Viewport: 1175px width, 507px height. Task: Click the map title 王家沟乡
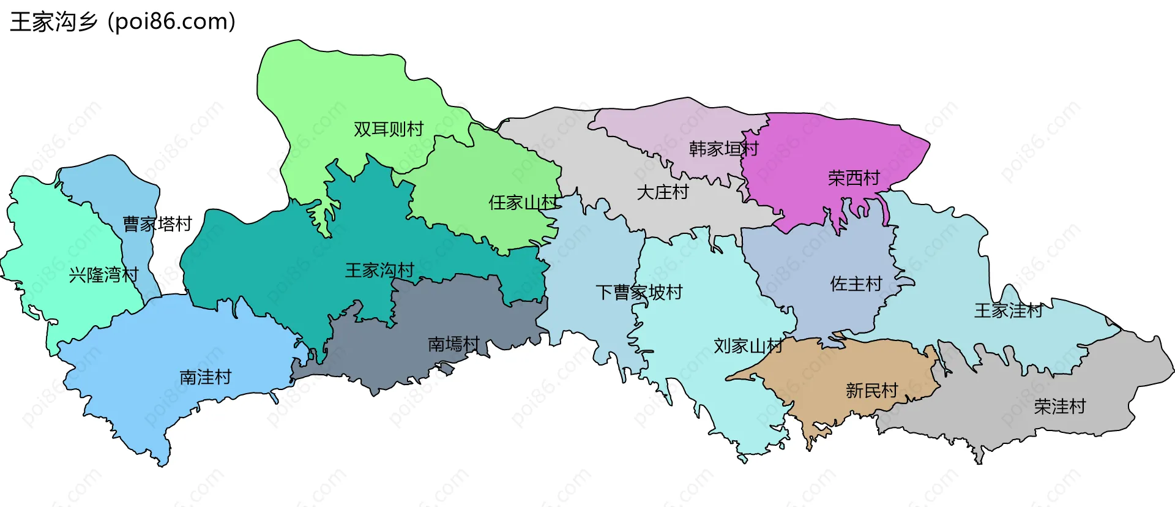(54, 22)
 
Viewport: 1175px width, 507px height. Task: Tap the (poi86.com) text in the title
(172, 22)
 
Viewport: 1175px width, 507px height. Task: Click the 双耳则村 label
(389, 129)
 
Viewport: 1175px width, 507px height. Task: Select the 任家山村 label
(523, 202)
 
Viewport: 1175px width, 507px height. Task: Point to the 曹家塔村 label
(157, 224)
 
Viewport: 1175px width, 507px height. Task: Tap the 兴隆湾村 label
(104, 275)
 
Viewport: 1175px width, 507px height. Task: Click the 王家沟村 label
(379, 270)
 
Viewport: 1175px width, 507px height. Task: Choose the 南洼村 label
(206, 377)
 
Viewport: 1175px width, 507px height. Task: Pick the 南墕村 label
(453, 344)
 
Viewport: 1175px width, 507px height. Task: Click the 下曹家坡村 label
(639, 292)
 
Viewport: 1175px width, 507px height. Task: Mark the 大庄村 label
(663, 192)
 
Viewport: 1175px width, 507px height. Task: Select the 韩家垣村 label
(723, 149)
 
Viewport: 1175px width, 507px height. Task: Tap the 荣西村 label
(854, 178)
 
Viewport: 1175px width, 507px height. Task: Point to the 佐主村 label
(856, 284)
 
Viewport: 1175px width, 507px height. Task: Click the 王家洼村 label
(1009, 310)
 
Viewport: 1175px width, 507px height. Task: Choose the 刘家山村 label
(748, 346)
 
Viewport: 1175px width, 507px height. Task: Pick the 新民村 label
(871, 390)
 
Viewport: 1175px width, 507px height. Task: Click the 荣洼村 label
(1060, 406)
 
